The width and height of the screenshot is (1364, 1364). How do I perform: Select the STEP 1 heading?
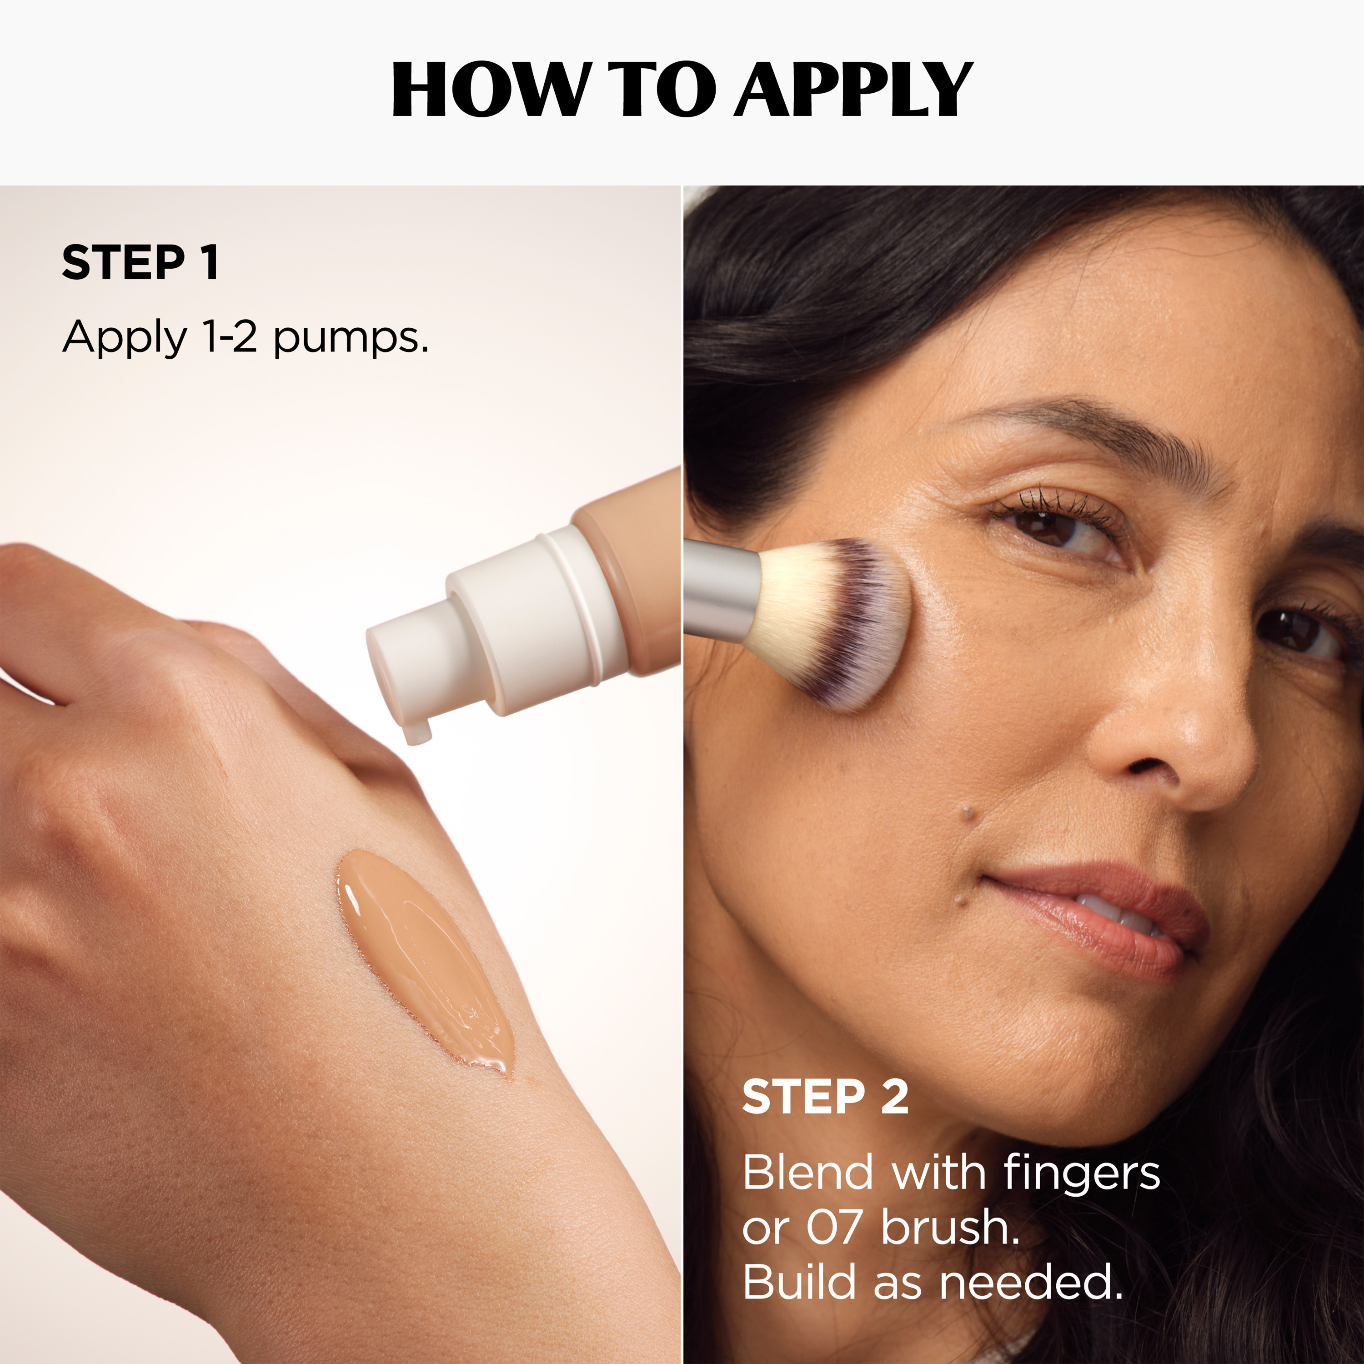pyautogui.click(x=140, y=263)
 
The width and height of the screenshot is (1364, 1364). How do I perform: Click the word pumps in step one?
pyautogui.click(x=351, y=339)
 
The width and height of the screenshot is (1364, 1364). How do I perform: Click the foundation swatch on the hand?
pyautogui.click(x=424, y=964)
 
